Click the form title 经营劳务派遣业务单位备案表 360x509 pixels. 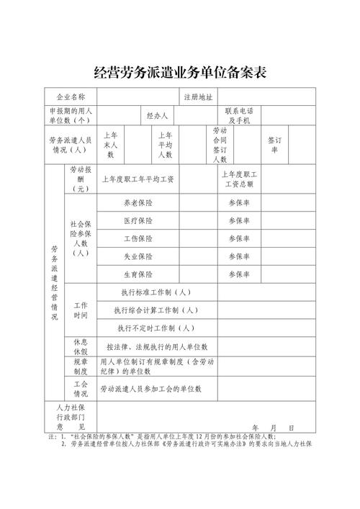coord(181,72)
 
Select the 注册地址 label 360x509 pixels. coord(198,96)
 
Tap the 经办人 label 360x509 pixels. coord(157,116)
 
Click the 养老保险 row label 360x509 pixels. coord(138,204)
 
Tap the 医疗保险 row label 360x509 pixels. coord(138,221)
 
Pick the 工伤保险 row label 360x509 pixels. coord(138,238)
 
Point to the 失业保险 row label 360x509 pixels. coord(138,256)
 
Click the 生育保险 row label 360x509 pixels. coord(138,274)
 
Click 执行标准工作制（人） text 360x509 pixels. coord(156,292)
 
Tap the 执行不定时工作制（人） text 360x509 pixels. coord(156,328)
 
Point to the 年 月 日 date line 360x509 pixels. coord(273,427)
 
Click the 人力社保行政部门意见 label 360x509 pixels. coord(71,417)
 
